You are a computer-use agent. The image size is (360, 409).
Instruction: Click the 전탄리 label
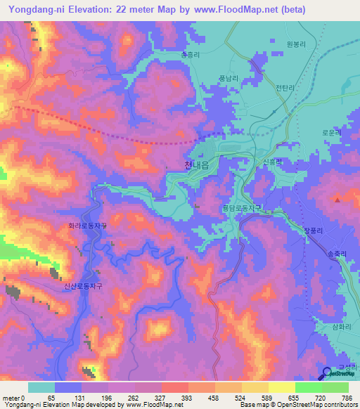(x=285, y=88)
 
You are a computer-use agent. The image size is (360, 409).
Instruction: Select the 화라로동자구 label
(x=87, y=226)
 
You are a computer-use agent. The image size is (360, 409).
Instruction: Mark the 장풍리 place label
(x=314, y=229)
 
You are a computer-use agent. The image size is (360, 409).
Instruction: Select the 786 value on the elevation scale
(x=345, y=398)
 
